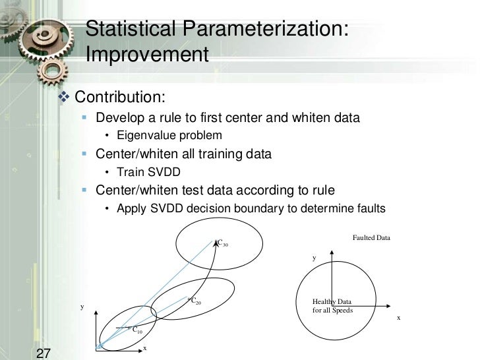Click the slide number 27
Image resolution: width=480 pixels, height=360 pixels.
point(44,352)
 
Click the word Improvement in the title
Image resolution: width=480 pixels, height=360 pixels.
point(147,55)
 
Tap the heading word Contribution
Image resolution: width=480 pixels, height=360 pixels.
point(119,97)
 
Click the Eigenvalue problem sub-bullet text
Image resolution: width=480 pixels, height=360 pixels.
point(169,136)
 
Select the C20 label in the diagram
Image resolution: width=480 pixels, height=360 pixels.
point(195,301)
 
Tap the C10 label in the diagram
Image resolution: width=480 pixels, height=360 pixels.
point(137,330)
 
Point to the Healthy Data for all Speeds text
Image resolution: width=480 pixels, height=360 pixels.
point(333,306)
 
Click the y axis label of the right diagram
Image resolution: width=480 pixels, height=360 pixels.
point(315,258)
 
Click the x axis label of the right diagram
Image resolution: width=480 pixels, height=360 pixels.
point(398,317)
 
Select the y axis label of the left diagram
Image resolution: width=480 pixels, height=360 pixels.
point(82,307)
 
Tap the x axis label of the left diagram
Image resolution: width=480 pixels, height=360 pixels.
point(145,348)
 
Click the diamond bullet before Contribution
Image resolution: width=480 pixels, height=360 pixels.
point(64,98)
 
